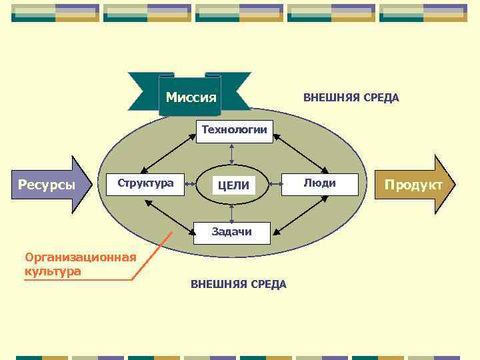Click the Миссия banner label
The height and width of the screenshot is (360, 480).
191,97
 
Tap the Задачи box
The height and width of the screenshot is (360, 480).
231,232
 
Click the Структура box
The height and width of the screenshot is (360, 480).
145,183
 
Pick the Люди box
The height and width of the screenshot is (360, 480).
319,183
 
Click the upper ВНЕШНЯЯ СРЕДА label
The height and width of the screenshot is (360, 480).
351,98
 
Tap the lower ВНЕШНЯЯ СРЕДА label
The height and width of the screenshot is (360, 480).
239,285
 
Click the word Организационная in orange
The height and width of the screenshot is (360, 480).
80,257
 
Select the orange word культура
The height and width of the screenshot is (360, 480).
53,271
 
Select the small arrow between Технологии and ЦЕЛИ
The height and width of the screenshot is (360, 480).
231,152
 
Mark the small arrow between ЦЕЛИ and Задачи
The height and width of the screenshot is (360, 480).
231,213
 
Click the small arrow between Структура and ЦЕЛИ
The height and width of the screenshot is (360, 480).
191,184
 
